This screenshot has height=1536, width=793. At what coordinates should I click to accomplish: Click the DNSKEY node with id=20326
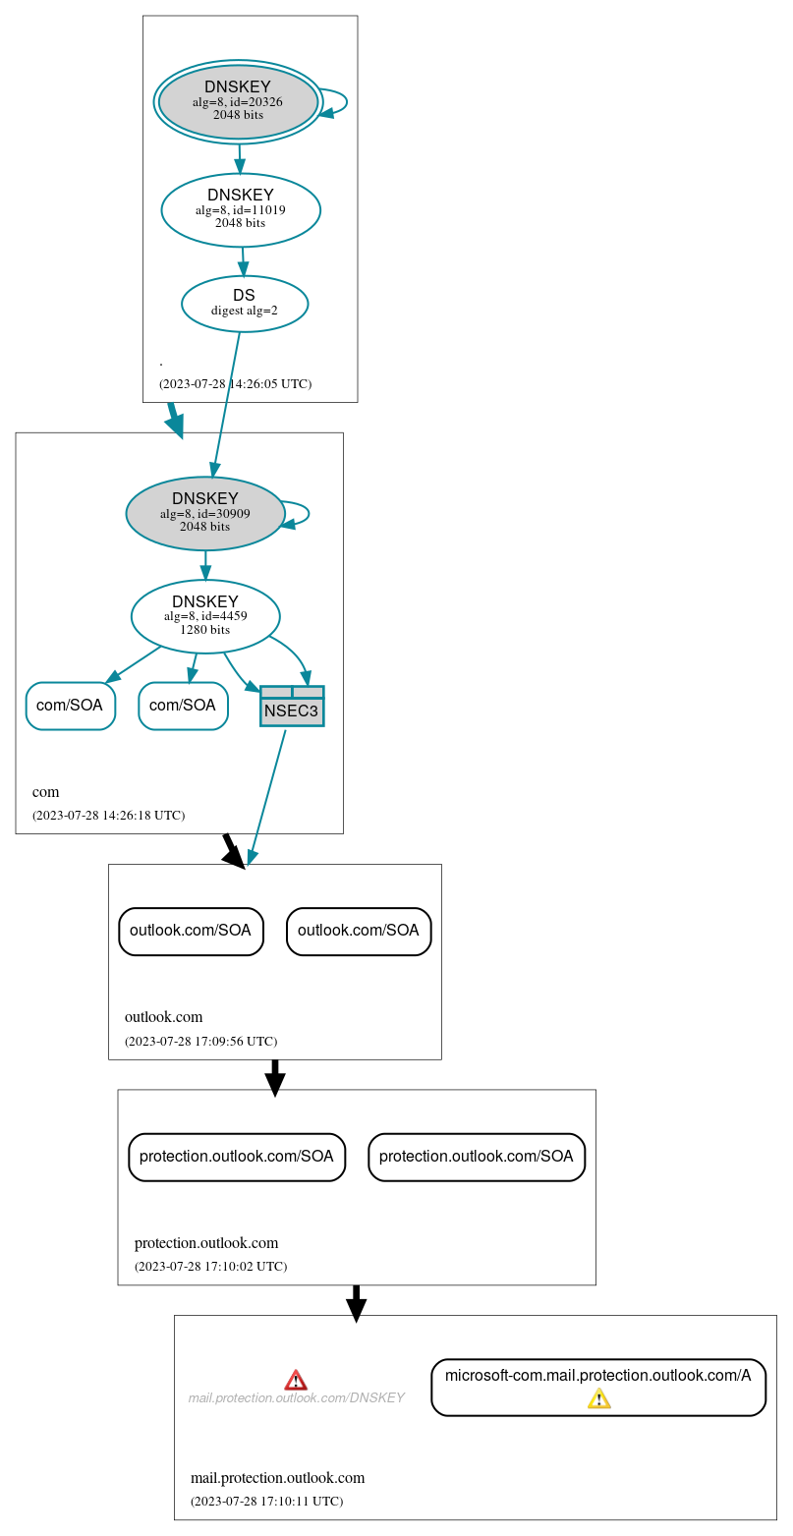[x=238, y=101]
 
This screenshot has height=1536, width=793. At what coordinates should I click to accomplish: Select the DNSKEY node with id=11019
[x=241, y=209]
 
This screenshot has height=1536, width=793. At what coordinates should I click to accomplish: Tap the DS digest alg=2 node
[x=245, y=304]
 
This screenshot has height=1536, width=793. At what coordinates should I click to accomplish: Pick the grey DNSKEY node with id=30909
[x=205, y=513]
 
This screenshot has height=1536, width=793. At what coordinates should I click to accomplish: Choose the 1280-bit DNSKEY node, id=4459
[x=205, y=616]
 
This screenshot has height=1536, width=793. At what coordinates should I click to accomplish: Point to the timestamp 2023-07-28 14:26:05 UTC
[x=235, y=383]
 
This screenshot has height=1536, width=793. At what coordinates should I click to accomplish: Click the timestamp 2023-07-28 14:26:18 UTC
[x=108, y=815]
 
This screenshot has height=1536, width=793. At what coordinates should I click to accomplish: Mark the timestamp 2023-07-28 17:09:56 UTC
[x=200, y=1041]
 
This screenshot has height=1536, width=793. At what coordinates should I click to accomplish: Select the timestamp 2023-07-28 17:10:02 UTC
[x=210, y=1266]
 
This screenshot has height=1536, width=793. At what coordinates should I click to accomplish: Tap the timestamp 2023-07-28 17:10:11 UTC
[x=266, y=1501]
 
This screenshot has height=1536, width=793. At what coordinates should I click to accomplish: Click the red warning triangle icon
[x=296, y=1380]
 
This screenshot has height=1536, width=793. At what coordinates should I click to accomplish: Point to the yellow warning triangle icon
[x=598, y=1398]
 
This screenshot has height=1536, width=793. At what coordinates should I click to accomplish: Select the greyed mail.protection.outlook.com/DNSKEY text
[x=296, y=1397]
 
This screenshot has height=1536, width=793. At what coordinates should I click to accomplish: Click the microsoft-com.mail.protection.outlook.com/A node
[x=597, y=1376]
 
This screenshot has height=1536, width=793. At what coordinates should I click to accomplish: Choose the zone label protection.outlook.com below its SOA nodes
[x=206, y=1243]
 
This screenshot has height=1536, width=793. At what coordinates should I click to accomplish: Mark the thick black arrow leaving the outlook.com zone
[x=275, y=1077]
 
